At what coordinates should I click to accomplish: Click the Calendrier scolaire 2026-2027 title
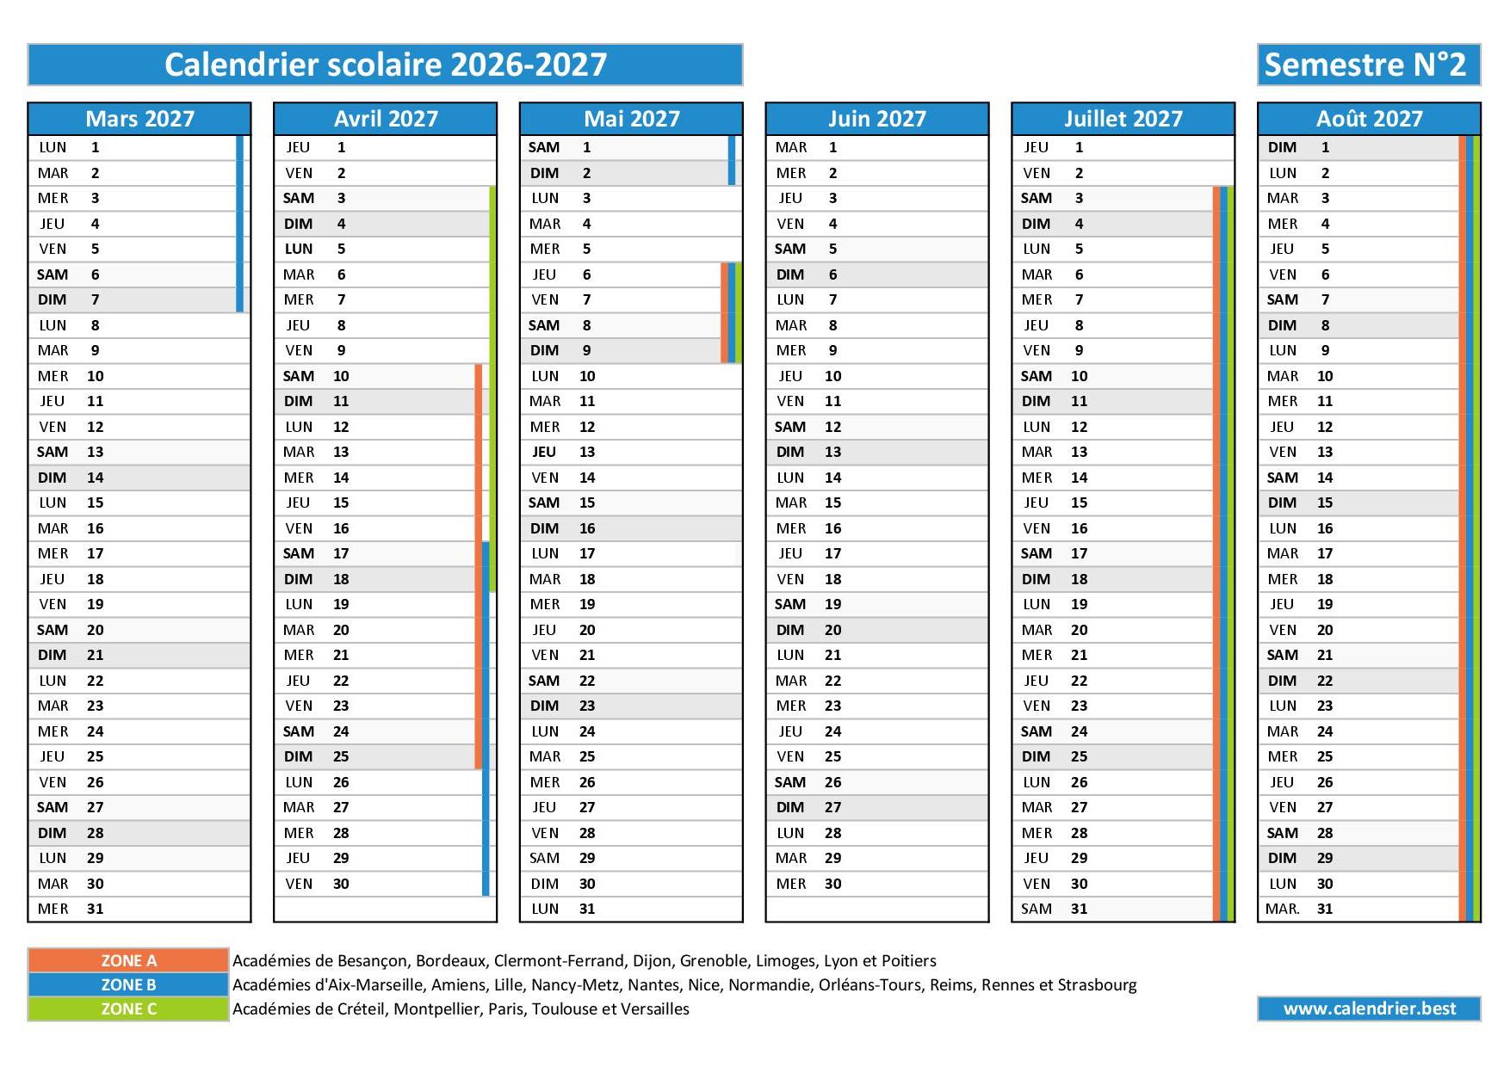pyautogui.click(x=385, y=65)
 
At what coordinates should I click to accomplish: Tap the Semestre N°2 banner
pyautogui.click(x=1368, y=65)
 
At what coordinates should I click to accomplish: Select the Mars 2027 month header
pyautogui.click(x=139, y=119)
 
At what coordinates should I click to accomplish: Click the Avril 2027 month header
pyautogui.click(x=385, y=119)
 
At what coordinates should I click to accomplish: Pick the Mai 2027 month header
pyautogui.click(x=631, y=119)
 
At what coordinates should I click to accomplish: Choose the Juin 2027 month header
pyautogui.click(x=876, y=119)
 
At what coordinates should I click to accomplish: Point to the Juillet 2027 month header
pyautogui.click(x=1123, y=119)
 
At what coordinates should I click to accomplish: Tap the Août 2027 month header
pyautogui.click(x=1369, y=119)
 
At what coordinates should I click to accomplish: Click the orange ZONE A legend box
pyautogui.click(x=128, y=960)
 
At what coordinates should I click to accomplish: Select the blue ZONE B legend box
pyautogui.click(x=128, y=984)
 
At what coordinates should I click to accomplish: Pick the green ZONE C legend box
pyautogui.click(x=128, y=1008)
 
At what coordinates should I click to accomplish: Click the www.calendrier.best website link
pyautogui.click(x=1369, y=1008)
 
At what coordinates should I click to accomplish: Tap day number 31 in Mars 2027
pyautogui.click(x=95, y=909)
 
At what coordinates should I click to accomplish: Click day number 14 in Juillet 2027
pyautogui.click(x=1079, y=478)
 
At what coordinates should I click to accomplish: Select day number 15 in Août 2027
pyautogui.click(x=1324, y=503)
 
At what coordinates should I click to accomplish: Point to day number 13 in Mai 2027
pyautogui.click(x=587, y=452)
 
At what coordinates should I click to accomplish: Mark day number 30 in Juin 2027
pyautogui.click(x=832, y=884)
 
